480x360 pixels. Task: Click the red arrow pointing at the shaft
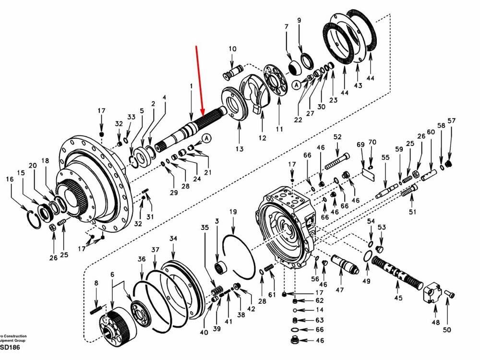coord(200,82)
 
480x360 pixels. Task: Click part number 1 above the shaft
coord(191,85)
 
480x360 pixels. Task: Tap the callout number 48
coord(435,323)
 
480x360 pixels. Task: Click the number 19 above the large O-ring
coord(233,212)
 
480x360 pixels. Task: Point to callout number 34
coord(173,239)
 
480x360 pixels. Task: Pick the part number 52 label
coord(337,137)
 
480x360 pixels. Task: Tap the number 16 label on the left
coord(10,179)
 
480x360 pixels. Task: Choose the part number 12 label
coord(262,138)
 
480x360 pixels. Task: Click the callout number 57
coord(451,120)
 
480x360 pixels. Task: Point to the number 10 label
coord(232,48)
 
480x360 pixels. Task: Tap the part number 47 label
coord(340,290)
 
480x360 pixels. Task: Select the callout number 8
coord(96,283)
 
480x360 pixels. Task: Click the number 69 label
coord(360,144)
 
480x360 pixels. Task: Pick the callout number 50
coord(447,329)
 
